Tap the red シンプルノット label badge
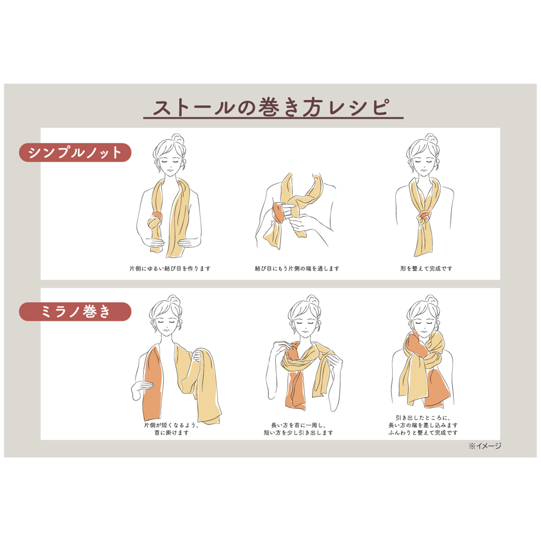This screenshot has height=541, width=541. (x=75, y=153)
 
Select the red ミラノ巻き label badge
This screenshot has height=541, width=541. (x=75, y=312)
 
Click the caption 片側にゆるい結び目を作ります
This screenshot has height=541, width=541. (x=170, y=268)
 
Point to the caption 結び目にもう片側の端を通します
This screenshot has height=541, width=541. (x=297, y=268)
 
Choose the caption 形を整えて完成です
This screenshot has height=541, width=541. (x=426, y=268)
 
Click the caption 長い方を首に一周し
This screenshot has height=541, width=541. (x=298, y=425)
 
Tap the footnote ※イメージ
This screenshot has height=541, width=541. (x=485, y=446)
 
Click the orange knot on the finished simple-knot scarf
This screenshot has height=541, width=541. (x=423, y=217)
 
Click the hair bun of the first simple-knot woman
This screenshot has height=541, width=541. (x=177, y=138)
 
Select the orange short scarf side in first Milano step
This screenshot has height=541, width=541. (x=151, y=382)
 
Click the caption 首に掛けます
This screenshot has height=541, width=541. (x=172, y=432)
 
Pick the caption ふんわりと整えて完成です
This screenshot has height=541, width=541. (x=423, y=432)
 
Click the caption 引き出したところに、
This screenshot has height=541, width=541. (x=423, y=418)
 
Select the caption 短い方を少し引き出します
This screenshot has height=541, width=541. (x=298, y=432)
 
